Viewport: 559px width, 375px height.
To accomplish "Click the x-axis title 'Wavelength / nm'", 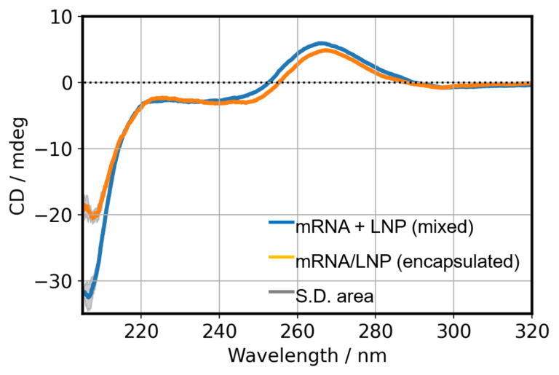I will pos(306,356).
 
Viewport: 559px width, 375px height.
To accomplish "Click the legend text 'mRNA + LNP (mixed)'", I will pos(384,227).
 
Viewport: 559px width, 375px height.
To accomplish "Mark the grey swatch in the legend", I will pos(280,293).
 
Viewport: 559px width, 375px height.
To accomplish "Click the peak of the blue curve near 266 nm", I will pos(320,44).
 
